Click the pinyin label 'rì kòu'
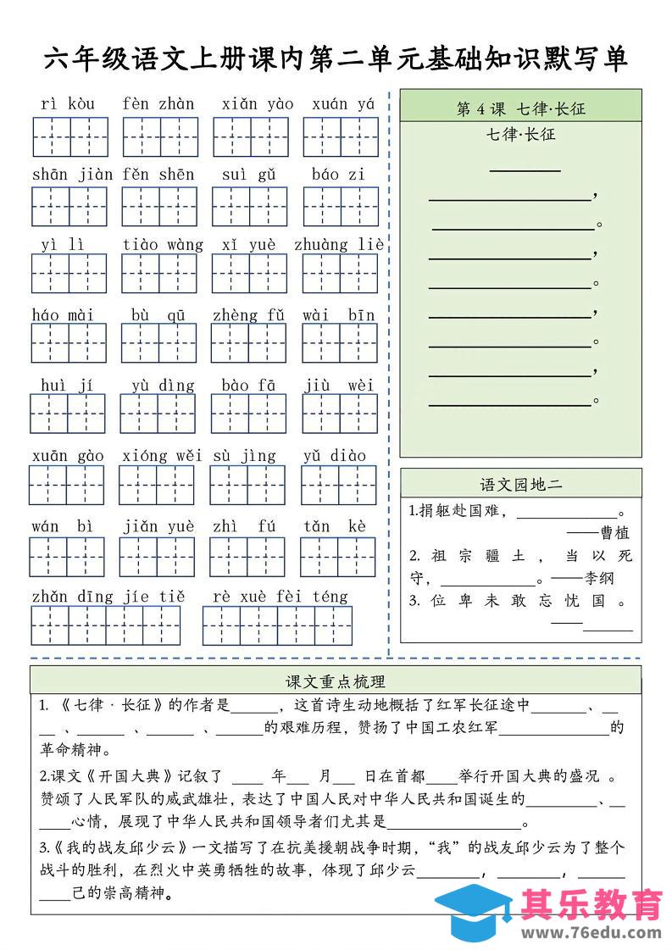(68, 104)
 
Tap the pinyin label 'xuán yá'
(342, 104)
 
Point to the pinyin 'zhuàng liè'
(339, 245)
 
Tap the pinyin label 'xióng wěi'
(162, 456)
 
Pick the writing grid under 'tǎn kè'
(337, 556)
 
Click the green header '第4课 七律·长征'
(520, 108)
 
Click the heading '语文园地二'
(520, 485)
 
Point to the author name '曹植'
(614, 533)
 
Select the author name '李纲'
(599, 579)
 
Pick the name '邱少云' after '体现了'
(396, 869)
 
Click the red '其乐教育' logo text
(591, 904)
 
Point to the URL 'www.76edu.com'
(591, 932)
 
